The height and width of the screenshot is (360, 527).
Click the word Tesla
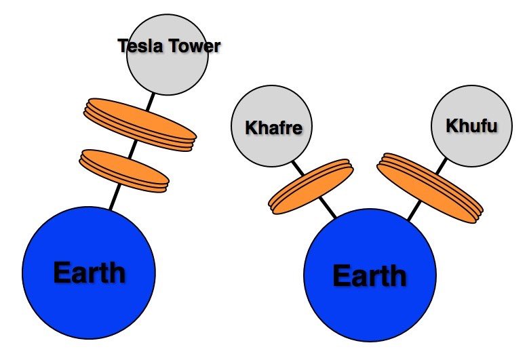point(140,46)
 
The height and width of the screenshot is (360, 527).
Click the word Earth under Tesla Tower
point(89,273)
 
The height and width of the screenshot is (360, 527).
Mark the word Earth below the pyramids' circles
point(369,276)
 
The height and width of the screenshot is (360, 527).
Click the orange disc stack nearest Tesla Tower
point(140,124)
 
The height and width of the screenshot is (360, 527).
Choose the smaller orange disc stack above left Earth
point(123,170)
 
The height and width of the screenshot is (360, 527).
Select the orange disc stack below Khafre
point(311,186)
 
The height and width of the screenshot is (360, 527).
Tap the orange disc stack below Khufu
point(429,188)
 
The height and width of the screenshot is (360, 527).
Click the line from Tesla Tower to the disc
point(149,102)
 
